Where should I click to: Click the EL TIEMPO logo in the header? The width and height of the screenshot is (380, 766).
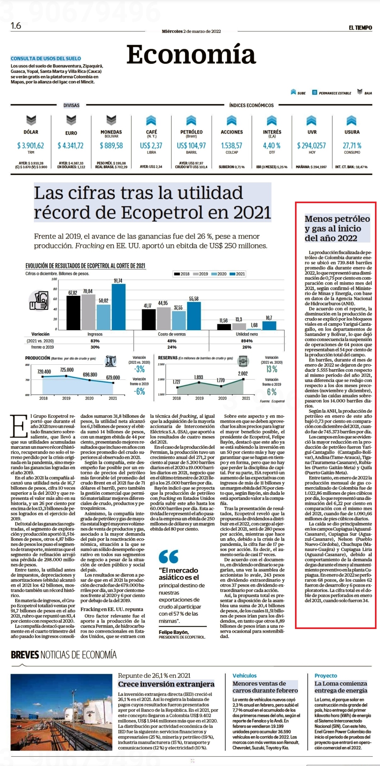tap(360, 28)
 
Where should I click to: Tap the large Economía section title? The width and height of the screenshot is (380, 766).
tap(191, 54)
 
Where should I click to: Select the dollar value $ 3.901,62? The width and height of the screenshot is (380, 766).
tap(31, 146)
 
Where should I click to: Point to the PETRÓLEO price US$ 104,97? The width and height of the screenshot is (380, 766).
tap(191, 146)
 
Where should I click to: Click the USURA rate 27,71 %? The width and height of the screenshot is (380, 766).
tap(352, 146)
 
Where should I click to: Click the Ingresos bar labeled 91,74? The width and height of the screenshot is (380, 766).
tap(118, 307)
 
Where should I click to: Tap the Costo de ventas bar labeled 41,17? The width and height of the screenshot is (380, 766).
tap(149, 319)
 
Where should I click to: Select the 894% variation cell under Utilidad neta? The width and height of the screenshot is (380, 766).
tap(247, 341)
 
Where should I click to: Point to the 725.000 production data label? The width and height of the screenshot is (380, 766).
tap(67, 370)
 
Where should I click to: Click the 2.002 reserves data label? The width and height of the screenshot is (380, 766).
tap(243, 374)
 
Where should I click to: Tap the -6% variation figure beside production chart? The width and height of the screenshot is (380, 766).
tap(139, 391)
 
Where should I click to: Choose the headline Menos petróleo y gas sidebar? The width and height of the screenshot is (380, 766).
tap(337, 228)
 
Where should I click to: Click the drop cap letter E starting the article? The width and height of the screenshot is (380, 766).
tap(19, 426)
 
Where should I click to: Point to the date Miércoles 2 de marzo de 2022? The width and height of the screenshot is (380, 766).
tap(191, 31)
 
